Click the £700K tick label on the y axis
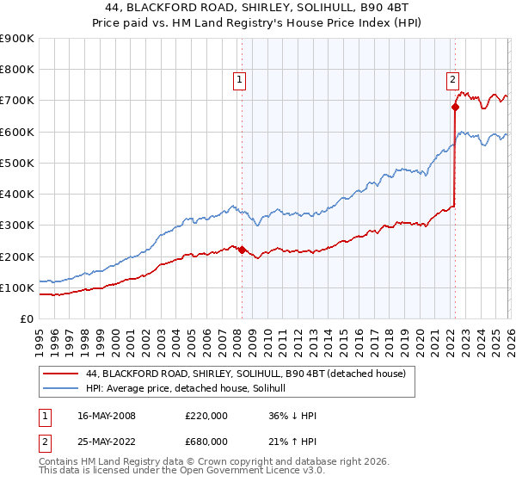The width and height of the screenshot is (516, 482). (17, 101)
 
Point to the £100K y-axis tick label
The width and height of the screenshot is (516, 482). (17, 287)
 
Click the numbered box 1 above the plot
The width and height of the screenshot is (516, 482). (241, 80)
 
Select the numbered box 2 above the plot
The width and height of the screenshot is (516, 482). (452, 80)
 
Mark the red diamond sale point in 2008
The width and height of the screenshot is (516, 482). (242, 250)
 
